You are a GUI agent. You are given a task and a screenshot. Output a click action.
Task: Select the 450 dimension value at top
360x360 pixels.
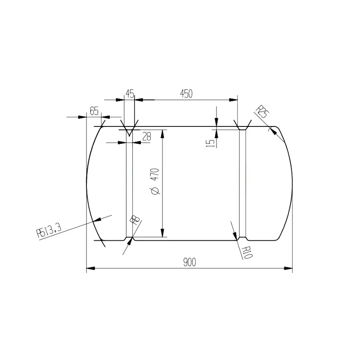(x=186, y=94)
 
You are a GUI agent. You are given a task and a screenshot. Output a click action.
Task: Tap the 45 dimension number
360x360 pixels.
(x=130, y=94)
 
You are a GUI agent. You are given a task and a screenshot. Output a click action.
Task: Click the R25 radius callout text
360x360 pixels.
(x=262, y=111)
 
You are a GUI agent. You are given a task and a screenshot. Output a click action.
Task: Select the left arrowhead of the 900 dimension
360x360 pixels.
(x=89, y=269)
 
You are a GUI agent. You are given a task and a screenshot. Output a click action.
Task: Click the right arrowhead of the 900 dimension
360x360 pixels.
(x=289, y=269)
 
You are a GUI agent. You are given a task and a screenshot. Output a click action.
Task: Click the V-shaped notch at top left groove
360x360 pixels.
(x=129, y=131)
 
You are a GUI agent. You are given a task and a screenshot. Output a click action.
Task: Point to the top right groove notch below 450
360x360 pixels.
(x=243, y=129)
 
